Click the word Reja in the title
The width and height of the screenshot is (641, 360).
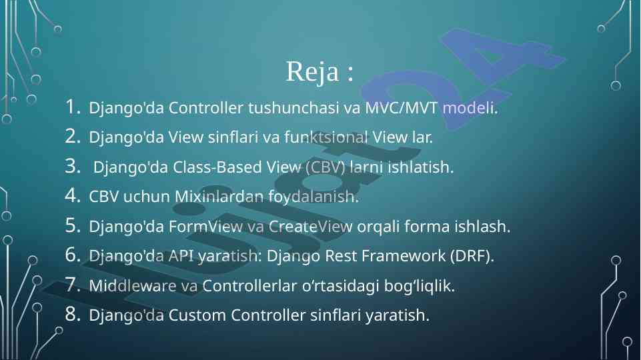(x=312, y=72)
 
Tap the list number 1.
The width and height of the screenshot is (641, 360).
(x=72, y=107)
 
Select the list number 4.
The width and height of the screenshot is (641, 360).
(x=72, y=195)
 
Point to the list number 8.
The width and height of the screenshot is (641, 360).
(x=72, y=314)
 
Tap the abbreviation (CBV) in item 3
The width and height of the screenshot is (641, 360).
(x=326, y=167)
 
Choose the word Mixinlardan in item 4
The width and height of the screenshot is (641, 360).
(x=219, y=197)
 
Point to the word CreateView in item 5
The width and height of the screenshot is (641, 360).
(x=310, y=227)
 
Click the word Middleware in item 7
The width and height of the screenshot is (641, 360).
(x=133, y=285)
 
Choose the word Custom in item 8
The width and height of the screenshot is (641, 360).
(x=197, y=315)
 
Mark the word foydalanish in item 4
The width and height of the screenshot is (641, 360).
(x=313, y=197)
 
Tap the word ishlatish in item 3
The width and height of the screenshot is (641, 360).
(x=421, y=167)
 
